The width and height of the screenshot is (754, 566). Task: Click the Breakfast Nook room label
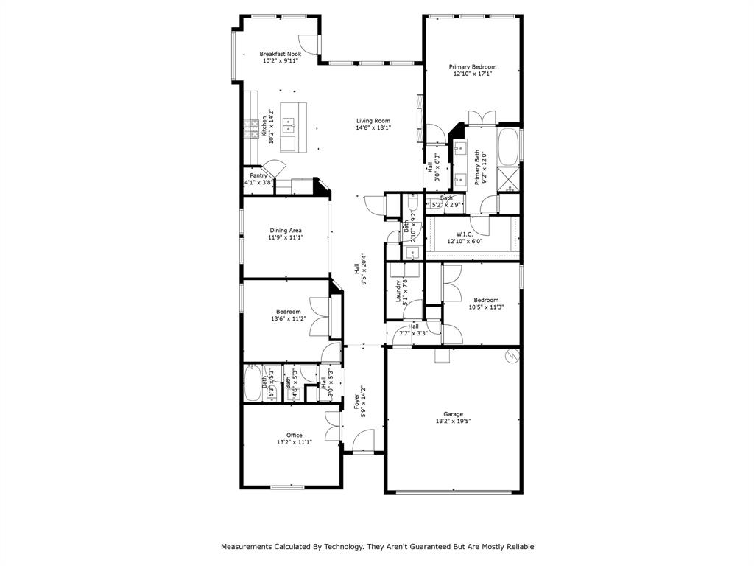click(x=280, y=54)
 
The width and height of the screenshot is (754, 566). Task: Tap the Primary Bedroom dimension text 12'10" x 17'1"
click(x=473, y=74)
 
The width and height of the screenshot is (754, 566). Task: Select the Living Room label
click(x=373, y=121)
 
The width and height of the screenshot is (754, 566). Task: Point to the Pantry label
click(x=258, y=175)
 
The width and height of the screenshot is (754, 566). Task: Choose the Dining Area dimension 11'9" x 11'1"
click(x=286, y=237)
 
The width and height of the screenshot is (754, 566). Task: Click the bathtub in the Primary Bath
click(x=508, y=147)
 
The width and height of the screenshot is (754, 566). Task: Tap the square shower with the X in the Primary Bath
click(x=508, y=180)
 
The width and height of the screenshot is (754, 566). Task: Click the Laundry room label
click(x=398, y=291)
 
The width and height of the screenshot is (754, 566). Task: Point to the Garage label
click(x=453, y=414)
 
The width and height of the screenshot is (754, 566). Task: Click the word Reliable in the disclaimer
click(x=518, y=547)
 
